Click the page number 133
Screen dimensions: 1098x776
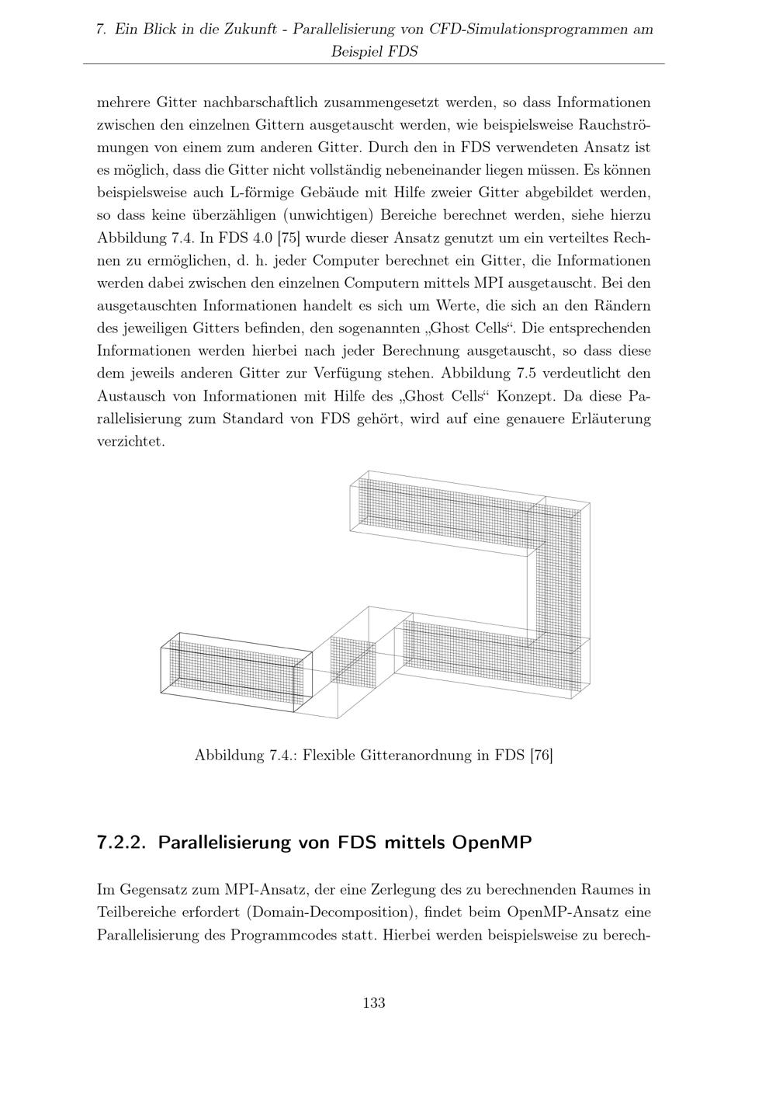click(374, 1002)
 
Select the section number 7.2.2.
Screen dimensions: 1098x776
click(123, 843)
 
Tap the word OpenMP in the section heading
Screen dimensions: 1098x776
click(493, 843)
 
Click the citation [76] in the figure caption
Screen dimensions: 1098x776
click(540, 755)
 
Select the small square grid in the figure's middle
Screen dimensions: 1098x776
click(353, 660)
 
